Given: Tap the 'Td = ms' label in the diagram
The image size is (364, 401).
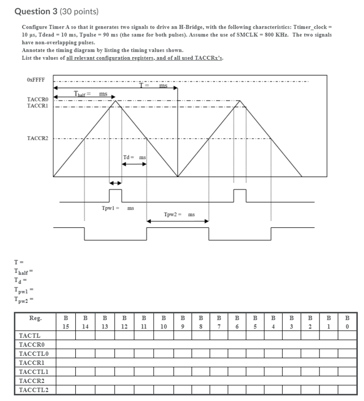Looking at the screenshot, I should pos(134,157).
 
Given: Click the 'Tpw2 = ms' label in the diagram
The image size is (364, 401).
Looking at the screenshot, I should pos(179,214).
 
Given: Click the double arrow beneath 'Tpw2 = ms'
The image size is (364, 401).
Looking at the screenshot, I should pos(178,222).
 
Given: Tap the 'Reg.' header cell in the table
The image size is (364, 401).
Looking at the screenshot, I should pos(36,318).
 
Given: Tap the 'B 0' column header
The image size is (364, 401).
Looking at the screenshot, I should pos(347,322).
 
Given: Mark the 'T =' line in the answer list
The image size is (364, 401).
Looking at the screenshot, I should pos(19,262).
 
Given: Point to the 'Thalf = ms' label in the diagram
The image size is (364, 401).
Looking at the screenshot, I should pos(91,93).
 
